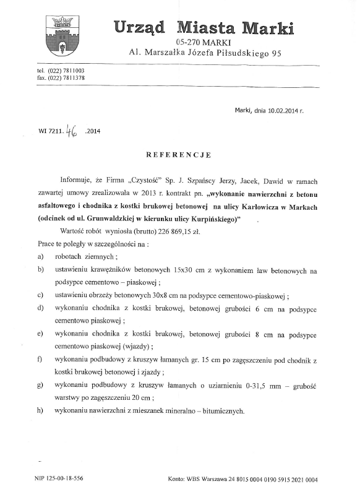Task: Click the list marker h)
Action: click(40, 411)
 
